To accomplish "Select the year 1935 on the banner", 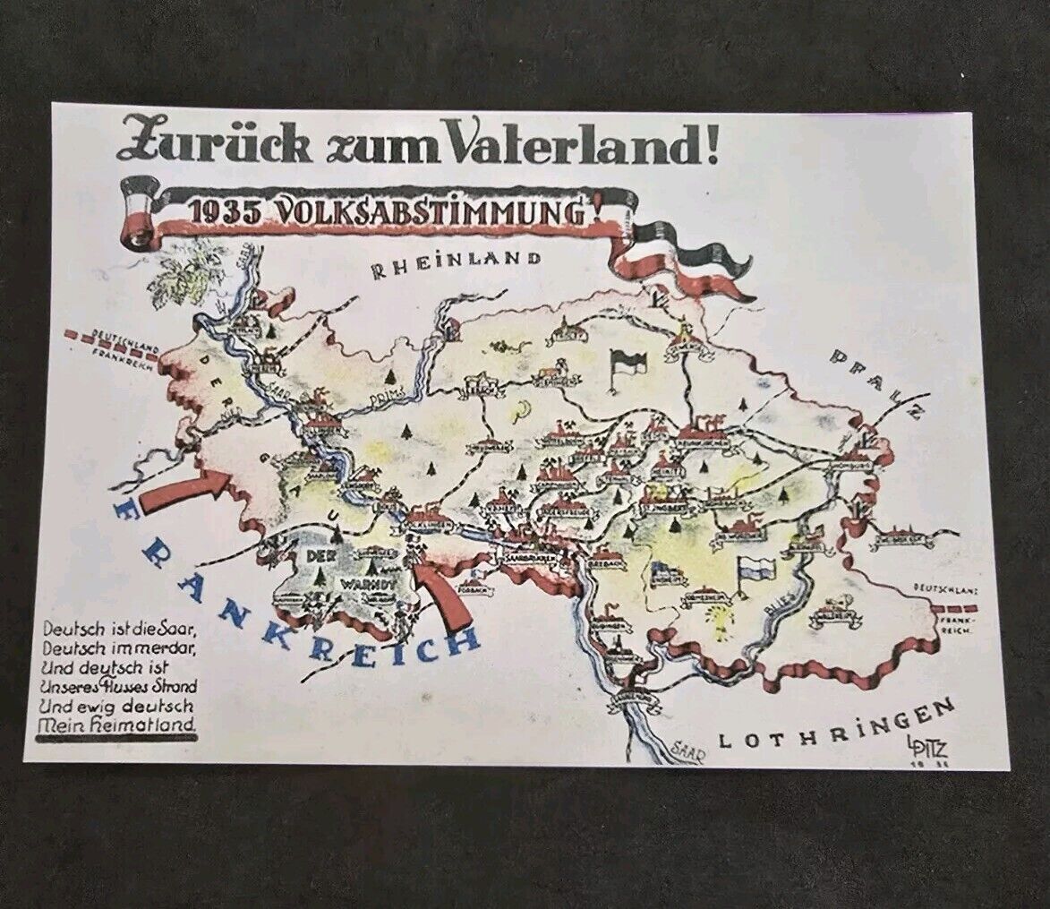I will click(x=223, y=213).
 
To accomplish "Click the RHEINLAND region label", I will click(x=457, y=262).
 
